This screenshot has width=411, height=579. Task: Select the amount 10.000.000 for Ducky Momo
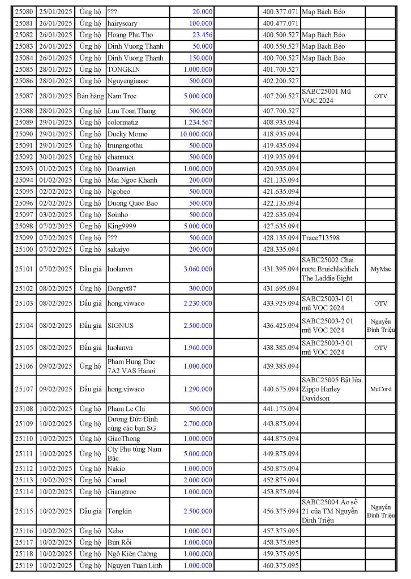[x=196, y=134]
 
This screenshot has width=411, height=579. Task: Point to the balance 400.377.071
[x=281, y=11]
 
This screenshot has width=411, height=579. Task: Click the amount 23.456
[x=202, y=34]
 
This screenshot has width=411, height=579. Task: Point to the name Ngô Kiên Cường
[x=132, y=554]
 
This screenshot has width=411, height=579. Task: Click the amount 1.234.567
[x=198, y=122]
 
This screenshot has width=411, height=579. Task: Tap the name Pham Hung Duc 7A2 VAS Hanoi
[x=131, y=366]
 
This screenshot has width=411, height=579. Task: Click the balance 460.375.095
[x=281, y=565]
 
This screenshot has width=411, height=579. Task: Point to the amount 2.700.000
[x=198, y=424]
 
